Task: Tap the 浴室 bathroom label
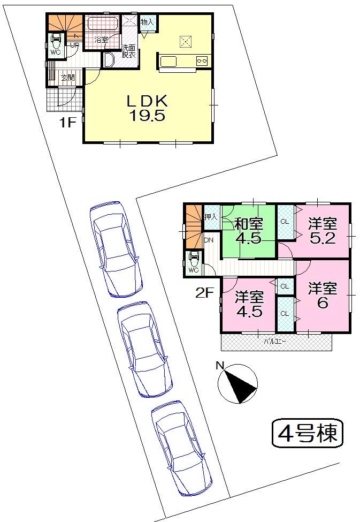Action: pyautogui.click(x=102, y=40)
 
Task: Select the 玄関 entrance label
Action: pyautogui.click(x=67, y=78)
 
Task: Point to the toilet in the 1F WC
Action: pyautogui.click(x=56, y=41)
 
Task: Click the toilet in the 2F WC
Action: pyautogui.click(x=193, y=259)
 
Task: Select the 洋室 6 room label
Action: pyautogui.click(x=322, y=295)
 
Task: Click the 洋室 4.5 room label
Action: pyautogui.click(x=249, y=304)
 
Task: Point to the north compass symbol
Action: pyautogui.click(x=238, y=384)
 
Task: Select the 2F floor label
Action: pyautogui.click(x=205, y=292)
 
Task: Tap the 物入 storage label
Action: pyautogui.click(x=147, y=22)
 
